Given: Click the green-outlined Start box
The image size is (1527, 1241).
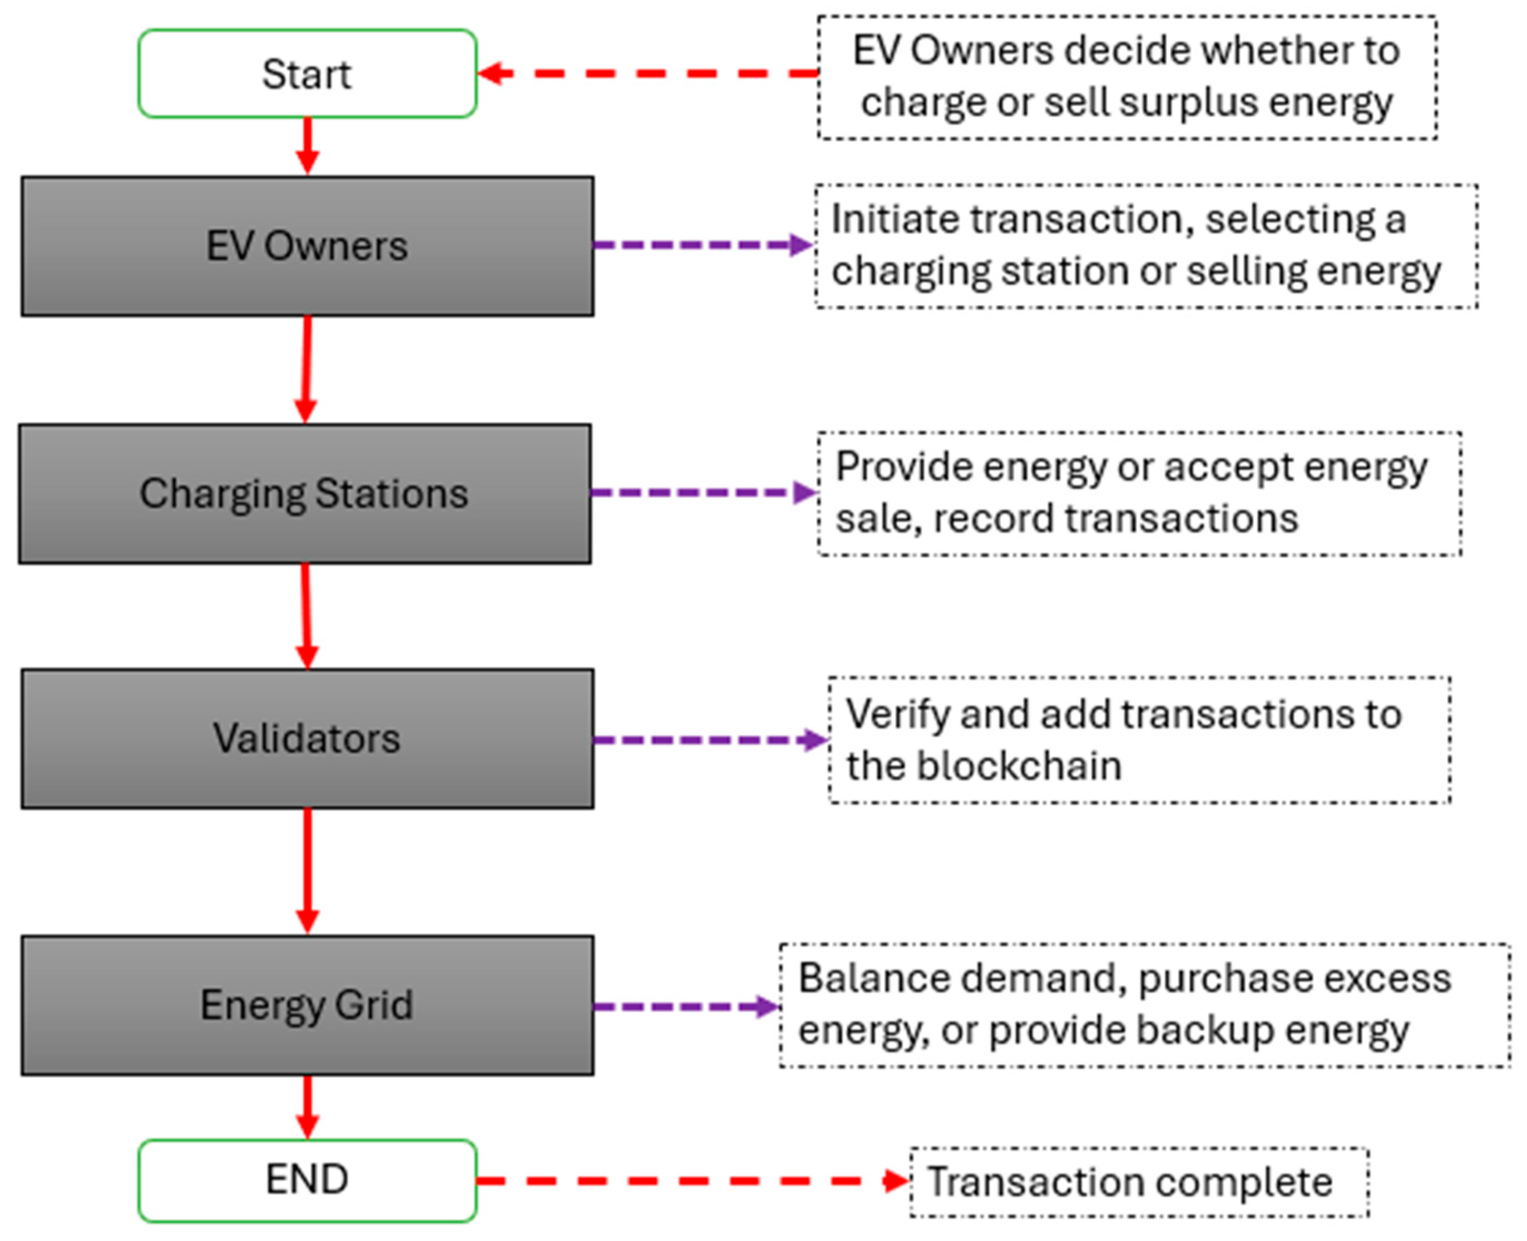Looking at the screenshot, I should (307, 73).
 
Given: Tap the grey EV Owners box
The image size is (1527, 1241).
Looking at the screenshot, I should (307, 246).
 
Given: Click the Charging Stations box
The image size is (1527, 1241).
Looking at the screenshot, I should (305, 494).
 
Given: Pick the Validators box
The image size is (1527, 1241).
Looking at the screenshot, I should (307, 738).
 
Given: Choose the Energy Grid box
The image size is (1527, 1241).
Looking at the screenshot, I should (307, 1005).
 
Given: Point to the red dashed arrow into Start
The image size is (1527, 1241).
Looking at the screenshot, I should (648, 73).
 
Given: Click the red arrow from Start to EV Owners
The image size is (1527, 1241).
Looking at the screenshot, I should (308, 146).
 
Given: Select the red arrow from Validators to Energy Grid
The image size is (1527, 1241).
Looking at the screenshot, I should (308, 871).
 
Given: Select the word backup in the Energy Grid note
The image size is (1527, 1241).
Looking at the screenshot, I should (1202, 1030).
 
